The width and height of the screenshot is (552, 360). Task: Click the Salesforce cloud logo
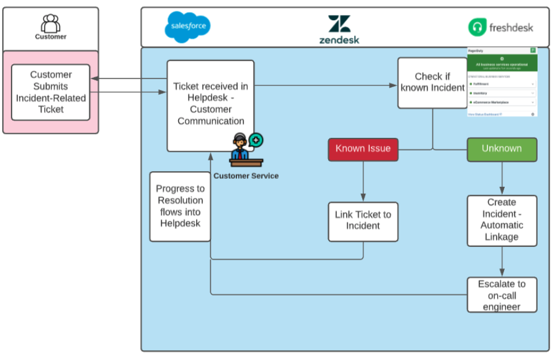pos(187,27)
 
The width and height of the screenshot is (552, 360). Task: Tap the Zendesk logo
pos(339,29)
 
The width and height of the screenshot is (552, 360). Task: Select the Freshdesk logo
pos(501,27)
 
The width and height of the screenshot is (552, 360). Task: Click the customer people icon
pos(51,23)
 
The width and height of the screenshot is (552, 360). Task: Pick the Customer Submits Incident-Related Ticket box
pos(51,92)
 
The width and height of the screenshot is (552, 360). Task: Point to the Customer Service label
pos(246,175)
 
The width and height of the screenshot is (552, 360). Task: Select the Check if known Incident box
pos(432,82)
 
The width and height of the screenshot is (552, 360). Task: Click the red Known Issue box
pos(363,149)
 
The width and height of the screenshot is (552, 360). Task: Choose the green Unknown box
pos(501,149)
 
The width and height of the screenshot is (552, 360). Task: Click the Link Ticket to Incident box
pos(363,221)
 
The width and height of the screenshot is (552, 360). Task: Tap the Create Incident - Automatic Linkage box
pos(502,220)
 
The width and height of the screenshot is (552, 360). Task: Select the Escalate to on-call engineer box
pos(502,295)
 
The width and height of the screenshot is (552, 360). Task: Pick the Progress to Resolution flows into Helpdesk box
pos(180,206)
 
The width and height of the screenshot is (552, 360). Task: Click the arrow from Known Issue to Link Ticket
pos(363,181)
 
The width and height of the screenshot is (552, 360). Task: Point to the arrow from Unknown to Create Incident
pos(502,178)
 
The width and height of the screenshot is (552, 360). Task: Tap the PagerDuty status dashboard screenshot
pos(501,82)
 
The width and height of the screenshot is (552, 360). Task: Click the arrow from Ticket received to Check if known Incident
pos(326,86)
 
